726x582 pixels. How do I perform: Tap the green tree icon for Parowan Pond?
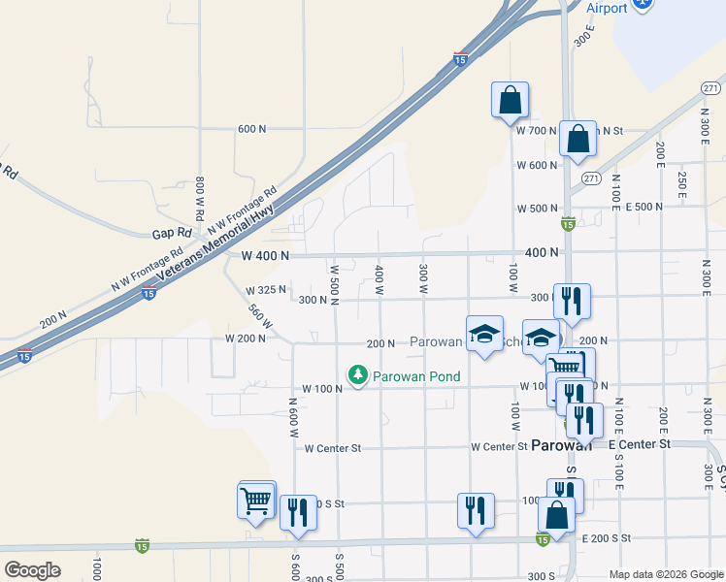point(358,374)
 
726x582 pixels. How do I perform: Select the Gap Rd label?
point(168,234)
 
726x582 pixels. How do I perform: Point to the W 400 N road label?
point(265,256)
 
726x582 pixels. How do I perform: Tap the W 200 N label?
point(245,339)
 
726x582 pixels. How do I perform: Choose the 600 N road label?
point(251,129)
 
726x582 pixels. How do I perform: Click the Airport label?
point(608,8)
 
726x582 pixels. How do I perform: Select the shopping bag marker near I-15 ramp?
point(510,100)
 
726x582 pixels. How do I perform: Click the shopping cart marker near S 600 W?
point(256,501)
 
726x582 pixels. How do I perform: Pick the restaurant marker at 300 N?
point(572,302)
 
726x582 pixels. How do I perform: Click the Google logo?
point(32,570)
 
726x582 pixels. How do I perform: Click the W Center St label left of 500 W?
point(332,448)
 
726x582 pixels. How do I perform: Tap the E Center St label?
point(640,443)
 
